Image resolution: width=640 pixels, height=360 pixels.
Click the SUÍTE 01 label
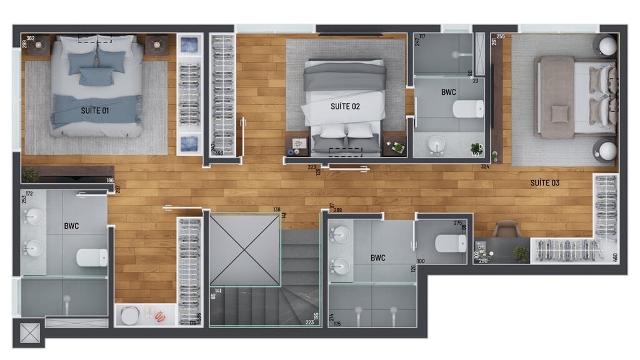(95, 111)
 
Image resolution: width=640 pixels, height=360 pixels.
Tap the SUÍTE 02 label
(345, 106)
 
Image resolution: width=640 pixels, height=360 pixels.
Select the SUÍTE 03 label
(544, 183)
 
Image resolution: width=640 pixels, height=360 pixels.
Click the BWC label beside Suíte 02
(448, 92)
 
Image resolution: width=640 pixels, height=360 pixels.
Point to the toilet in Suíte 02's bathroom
(468, 109)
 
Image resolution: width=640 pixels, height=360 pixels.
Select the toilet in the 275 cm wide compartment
(451, 243)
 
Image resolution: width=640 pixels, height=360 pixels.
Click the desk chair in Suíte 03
(506, 229)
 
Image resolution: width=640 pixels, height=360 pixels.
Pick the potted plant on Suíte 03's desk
(521, 253)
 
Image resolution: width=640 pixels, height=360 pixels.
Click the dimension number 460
(615, 256)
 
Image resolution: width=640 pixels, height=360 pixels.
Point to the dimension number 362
(31, 39)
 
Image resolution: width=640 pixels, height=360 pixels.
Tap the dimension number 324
(485, 167)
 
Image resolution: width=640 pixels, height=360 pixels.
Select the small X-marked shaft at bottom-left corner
(29, 333)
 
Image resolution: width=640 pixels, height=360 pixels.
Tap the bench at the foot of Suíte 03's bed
(557, 97)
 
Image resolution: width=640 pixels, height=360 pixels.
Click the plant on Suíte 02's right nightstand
(396, 147)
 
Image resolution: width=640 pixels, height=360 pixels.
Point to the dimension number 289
(337, 210)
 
